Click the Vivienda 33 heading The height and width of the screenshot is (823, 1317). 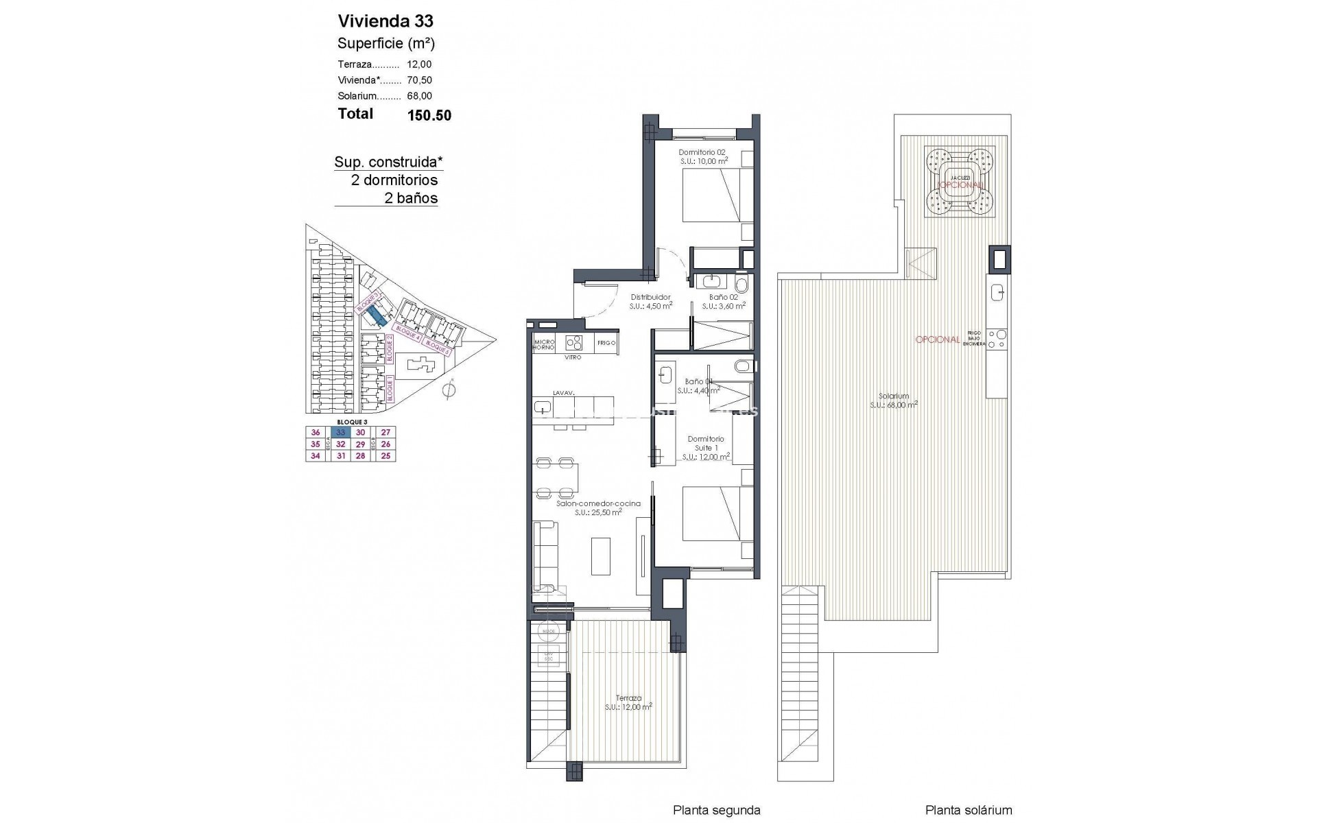385,21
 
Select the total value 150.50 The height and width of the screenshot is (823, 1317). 429,115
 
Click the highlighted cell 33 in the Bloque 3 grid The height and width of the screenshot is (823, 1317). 340,432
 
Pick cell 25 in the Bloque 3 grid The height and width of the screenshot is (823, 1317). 385,455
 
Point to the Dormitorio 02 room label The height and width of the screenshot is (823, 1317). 702,152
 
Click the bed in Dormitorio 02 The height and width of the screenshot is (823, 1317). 713,195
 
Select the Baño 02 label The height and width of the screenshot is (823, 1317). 723,297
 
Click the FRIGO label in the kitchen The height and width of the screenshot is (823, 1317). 606,342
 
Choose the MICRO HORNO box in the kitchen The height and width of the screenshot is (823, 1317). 544,345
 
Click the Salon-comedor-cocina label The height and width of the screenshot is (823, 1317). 598,503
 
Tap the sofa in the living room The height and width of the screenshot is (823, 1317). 545,556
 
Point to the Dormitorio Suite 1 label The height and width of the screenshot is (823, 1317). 706,443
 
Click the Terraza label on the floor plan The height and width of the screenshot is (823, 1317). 628,698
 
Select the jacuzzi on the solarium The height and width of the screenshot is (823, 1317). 959,181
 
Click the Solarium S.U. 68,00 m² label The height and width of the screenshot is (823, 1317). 894,400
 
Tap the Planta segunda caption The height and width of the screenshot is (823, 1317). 716,810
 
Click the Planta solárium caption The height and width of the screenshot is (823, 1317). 968,810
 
